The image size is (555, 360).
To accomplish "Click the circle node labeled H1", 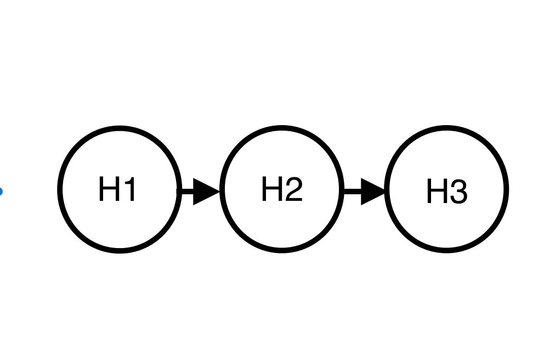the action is [x=120, y=189].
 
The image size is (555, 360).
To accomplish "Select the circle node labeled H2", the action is [x=282, y=189].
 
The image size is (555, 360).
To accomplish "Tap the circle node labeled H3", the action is [x=446, y=189].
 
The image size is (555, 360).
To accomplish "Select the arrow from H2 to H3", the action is [x=365, y=192].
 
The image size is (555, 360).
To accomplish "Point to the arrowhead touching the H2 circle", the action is [x=207, y=192].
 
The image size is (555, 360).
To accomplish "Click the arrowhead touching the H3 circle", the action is [x=373, y=192].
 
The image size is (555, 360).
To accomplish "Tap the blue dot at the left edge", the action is [x=1, y=192].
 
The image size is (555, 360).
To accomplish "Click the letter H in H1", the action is [x=108, y=189].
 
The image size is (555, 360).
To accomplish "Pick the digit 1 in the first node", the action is [x=129, y=189].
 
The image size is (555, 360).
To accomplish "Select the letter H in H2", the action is [x=271, y=189].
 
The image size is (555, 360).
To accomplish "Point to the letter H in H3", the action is [x=436, y=193].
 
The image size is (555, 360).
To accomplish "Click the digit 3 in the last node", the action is [x=458, y=193].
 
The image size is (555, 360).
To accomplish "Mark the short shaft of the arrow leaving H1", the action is [x=186, y=192].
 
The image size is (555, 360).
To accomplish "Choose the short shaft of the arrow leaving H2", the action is [x=352, y=192].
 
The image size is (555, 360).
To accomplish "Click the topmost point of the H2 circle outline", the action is [x=282, y=128].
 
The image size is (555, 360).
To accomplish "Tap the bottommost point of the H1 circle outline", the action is [x=120, y=250].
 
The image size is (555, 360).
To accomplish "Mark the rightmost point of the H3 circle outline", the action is [x=506, y=189].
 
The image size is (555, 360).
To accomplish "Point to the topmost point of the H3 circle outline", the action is [x=446, y=128].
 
